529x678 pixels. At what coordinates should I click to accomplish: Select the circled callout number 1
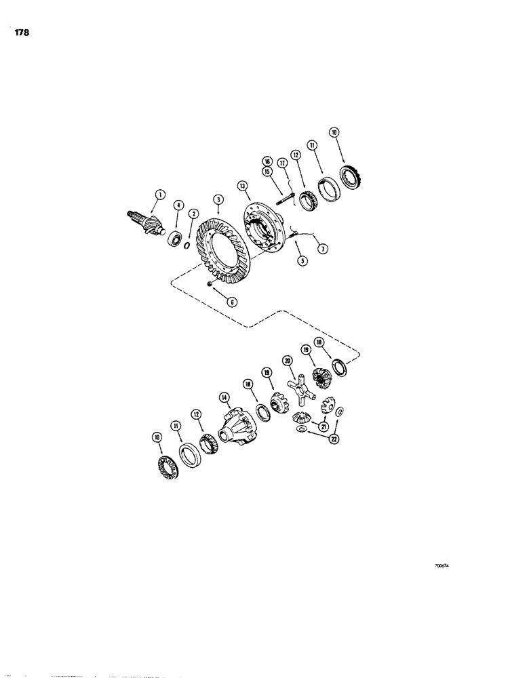[159, 195]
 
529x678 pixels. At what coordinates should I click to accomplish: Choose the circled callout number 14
[223, 398]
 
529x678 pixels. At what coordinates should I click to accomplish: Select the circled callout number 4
[179, 204]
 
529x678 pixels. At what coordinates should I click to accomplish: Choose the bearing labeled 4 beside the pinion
[177, 239]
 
